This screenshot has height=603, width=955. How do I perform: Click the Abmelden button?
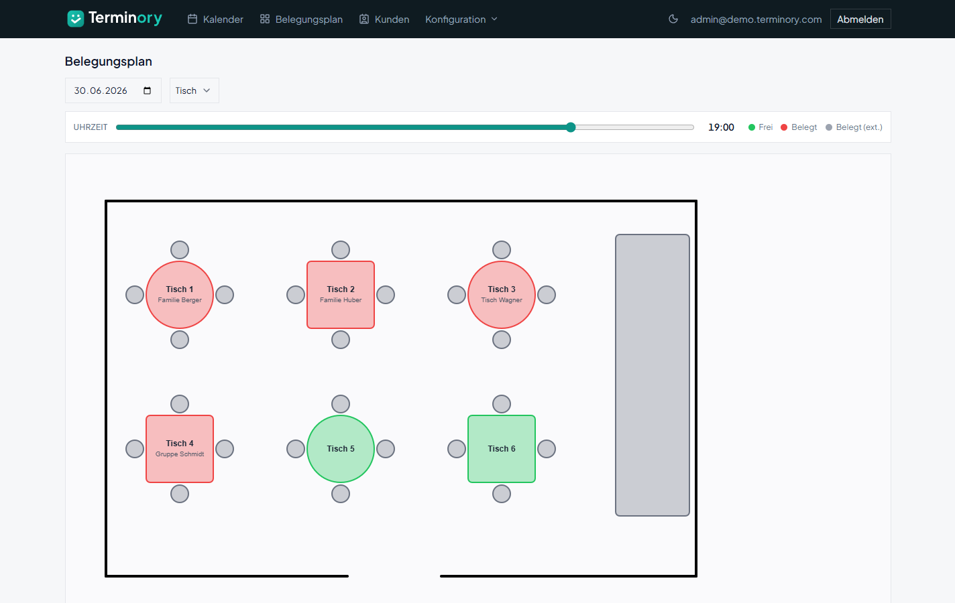point(860,19)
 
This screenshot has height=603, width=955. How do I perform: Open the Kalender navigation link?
point(215,19)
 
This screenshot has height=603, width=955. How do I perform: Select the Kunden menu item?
point(384,19)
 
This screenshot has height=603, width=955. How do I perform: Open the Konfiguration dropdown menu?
point(461,19)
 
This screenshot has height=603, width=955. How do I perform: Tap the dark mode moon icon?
point(673,19)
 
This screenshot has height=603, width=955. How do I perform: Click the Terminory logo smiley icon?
point(76,19)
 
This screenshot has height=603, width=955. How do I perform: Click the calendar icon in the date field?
point(147,90)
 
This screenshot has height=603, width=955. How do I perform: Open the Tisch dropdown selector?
point(194,90)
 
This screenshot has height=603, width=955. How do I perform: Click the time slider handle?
point(571,127)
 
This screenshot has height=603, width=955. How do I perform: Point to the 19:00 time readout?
point(721,127)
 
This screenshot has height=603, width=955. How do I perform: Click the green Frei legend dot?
point(752,127)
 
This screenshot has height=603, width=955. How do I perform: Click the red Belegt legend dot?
point(783,127)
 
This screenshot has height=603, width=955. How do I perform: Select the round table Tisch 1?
point(180,295)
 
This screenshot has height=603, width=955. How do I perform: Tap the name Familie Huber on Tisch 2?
point(341,299)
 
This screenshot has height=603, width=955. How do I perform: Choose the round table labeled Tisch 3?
point(502,295)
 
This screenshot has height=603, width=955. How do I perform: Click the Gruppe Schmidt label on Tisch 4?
point(180,454)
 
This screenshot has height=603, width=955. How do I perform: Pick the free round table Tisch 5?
point(341,449)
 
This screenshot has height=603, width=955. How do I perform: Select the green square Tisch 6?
point(502,449)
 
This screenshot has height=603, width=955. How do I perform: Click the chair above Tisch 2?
point(341,250)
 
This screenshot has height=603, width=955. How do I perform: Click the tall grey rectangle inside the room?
point(653,375)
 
